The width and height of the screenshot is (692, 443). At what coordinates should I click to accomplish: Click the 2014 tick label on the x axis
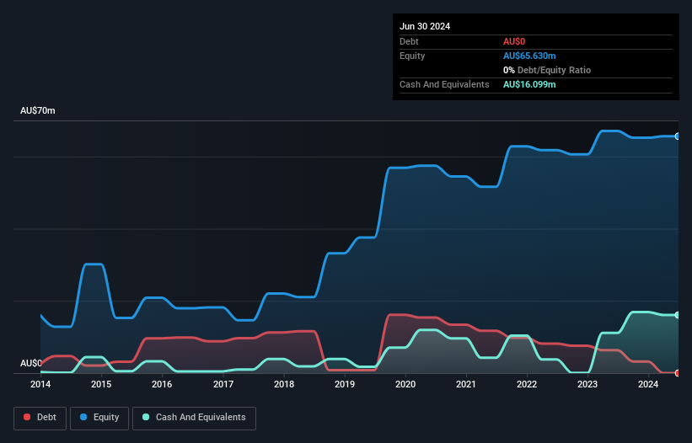[40, 385]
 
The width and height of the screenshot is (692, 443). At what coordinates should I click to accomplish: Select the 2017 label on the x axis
[223, 385]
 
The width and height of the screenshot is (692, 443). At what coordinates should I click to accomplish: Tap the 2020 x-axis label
[405, 385]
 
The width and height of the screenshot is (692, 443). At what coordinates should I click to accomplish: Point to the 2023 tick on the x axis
[587, 385]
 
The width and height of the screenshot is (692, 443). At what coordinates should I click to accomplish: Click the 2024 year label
[648, 385]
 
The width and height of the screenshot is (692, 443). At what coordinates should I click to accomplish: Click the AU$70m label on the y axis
[37, 111]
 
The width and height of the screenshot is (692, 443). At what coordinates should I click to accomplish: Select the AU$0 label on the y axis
[30, 363]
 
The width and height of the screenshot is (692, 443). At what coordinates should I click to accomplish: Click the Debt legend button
[40, 418]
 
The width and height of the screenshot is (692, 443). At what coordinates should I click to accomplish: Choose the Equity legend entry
[99, 418]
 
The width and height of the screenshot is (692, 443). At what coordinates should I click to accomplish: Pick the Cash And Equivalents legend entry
[194, 418]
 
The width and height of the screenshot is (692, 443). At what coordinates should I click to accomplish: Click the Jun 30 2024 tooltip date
[425, 26]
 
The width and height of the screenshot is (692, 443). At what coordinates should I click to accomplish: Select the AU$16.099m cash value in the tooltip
[530, 84]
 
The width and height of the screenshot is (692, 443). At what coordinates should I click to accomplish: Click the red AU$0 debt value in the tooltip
[514, 41]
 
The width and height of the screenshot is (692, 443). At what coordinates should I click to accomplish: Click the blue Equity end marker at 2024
[678, 136]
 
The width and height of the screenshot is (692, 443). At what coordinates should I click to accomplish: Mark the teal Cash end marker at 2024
[678, 315]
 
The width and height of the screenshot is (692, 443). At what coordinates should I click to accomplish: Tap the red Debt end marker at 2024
[678, 372]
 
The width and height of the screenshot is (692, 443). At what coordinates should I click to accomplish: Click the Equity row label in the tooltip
[412, 56]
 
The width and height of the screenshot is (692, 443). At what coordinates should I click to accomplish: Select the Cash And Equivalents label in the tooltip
[444, 84]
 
